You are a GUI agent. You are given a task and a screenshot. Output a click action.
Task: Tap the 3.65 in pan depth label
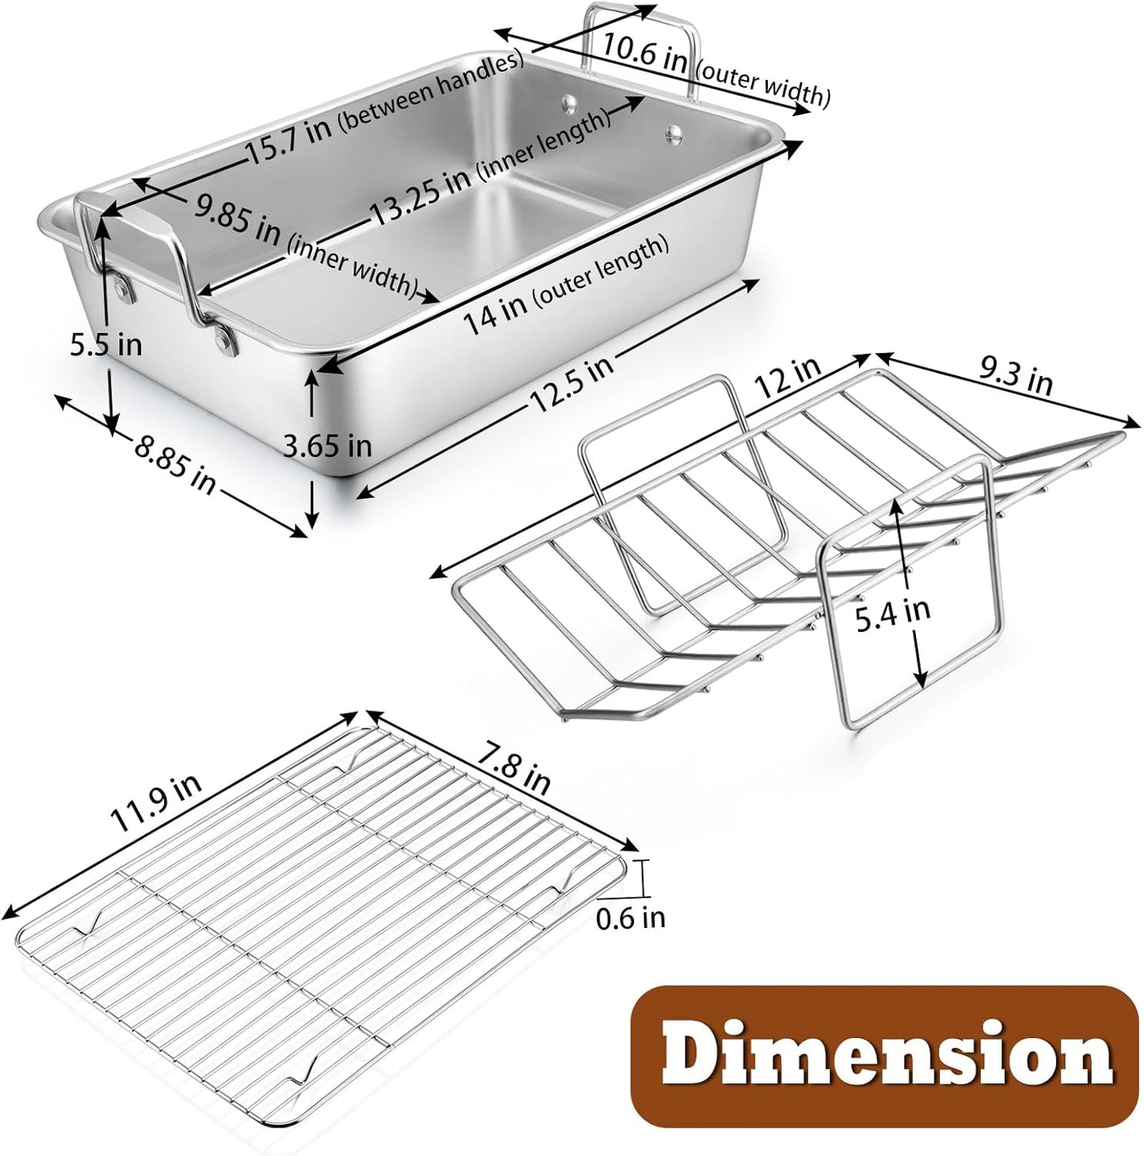pyautogui.click(x=328, y=445)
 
